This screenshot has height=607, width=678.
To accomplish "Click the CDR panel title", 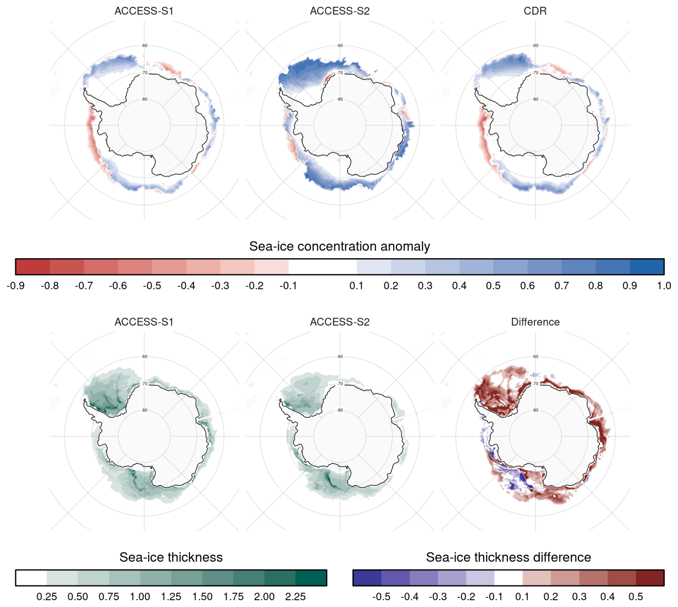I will click(x=535, y=11).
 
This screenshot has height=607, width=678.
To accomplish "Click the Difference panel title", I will click(x=535, y=322).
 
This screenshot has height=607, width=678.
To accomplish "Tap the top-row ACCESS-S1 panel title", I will click(x=144, y=11).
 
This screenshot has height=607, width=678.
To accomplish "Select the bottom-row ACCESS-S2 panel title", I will click(x=339, y=322).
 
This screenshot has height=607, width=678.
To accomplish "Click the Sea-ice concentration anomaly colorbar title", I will click(x=339, y=246).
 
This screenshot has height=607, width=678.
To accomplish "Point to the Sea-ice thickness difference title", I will click(x=508, y=557).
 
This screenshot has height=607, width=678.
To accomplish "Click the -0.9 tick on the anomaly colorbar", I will click(x=15, y=286).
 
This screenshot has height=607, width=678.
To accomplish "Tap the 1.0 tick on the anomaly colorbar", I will click(x=664, y=286).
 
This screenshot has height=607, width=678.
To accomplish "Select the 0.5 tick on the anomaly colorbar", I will click(x=493, y=286).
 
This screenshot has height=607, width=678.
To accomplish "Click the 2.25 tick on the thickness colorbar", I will click(x=295, y=597).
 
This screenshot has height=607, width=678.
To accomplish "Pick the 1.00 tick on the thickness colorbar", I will click(x=140, y=597).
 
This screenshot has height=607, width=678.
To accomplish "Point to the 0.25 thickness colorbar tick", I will click(x=47, y=597).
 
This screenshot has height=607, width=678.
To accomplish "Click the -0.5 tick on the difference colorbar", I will click(x=381, y=597).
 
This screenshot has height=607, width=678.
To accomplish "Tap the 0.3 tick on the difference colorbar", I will click(x=579, y=597).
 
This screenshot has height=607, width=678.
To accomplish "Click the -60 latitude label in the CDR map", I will click(x=535, y=46).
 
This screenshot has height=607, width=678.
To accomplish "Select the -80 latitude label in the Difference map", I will click(x=535, y=410).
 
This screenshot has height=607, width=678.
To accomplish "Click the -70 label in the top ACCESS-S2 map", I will click(x=340, y=73).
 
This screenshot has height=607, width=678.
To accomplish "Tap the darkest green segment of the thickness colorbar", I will click(x=311, y=578).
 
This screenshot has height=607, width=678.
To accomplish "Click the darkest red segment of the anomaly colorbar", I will click(x=33, y=267).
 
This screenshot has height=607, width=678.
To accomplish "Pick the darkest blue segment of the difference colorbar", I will click(x=367, y=578).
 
